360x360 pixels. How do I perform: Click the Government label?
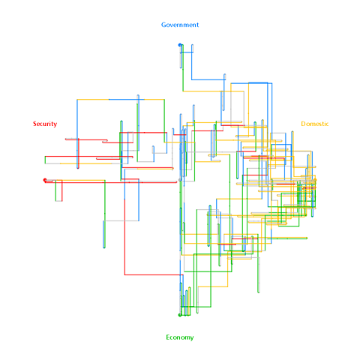180,25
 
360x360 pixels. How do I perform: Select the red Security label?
45,124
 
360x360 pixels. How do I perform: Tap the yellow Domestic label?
314,124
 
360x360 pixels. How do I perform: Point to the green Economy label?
180,337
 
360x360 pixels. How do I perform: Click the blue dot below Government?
180,45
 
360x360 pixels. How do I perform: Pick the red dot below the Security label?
45,180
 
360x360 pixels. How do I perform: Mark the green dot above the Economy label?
180,315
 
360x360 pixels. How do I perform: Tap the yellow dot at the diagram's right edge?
315,180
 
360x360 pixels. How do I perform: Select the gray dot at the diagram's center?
180,180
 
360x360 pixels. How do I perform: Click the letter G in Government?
163,25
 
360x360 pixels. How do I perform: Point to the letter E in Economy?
168,337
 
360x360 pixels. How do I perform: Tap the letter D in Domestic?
303,124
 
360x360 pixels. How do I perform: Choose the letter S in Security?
34,124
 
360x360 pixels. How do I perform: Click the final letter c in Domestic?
327,124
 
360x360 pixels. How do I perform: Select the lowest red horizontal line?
154,275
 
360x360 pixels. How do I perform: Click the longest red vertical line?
124,237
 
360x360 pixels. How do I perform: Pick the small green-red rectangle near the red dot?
58,190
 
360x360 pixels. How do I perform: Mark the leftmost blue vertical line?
77,133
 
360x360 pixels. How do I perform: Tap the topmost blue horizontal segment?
187,52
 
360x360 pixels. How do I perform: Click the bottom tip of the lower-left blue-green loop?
104,247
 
